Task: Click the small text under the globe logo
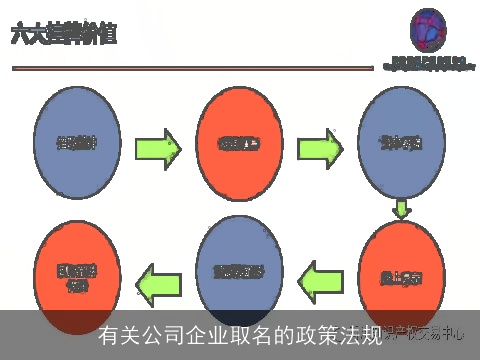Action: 430,64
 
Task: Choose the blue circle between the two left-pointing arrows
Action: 240,270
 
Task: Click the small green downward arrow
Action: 402,209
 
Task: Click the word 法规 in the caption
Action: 358,335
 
